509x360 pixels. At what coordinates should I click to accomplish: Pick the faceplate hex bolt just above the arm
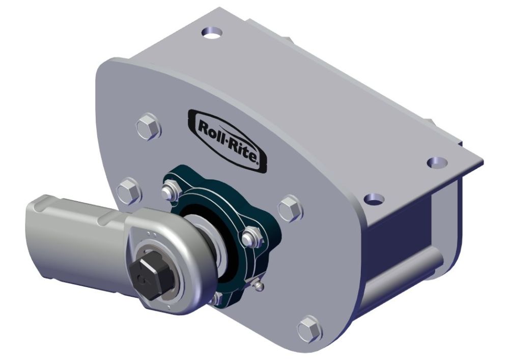(128, 190)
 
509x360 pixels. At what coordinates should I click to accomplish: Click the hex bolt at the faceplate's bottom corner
(309, 328)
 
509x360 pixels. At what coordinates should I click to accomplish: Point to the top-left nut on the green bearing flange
(168, 191)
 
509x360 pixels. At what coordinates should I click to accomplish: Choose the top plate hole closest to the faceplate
(376, 198)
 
